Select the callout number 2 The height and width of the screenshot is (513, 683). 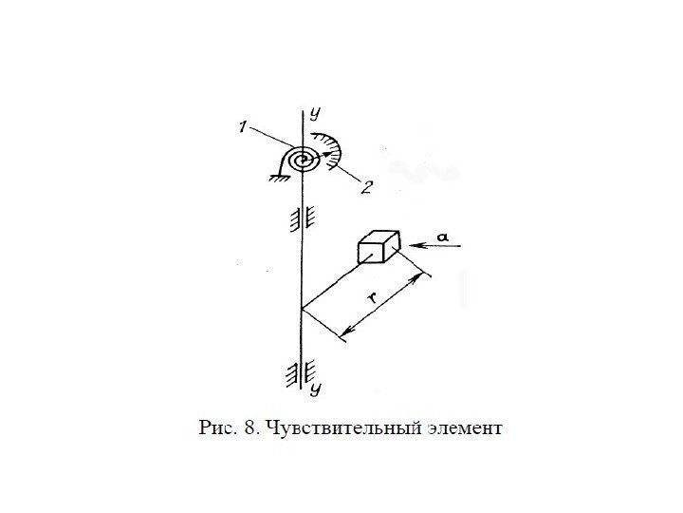point(365,188)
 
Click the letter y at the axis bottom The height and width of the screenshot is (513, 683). point(313,389)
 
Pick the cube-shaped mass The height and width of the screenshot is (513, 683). point(377,247)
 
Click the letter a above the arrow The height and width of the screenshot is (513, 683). point(441,233)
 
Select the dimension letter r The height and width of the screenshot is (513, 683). point(374,297)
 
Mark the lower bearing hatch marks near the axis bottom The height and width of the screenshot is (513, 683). point(293,373)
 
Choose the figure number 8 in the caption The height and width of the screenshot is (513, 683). point(250,428)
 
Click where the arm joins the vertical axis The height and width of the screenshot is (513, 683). point(302,310)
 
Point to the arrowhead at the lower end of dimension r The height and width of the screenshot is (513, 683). point(344,334)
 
